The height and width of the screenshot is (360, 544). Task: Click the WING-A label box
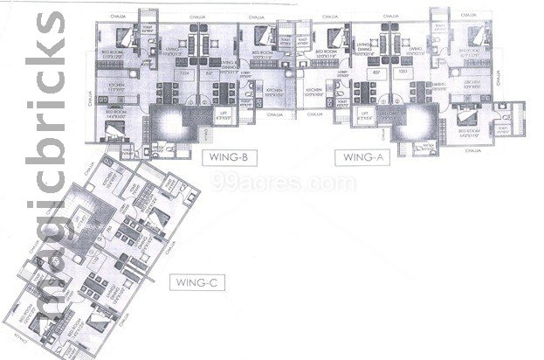pos(360,158)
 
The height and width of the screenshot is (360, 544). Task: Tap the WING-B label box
pos(225,158)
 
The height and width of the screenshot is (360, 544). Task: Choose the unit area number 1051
pos(404,73)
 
